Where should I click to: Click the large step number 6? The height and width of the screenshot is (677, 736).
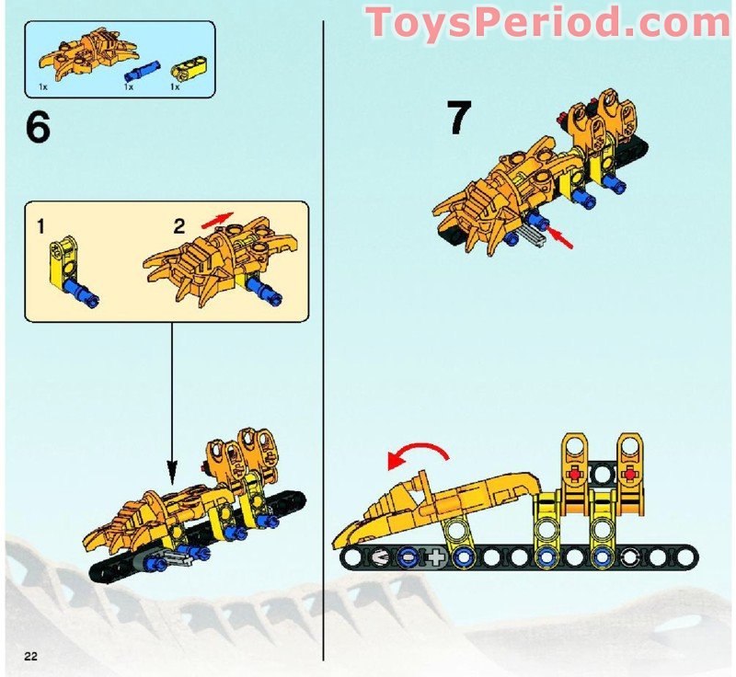(38, 128)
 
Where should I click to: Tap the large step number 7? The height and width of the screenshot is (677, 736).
(459, 120)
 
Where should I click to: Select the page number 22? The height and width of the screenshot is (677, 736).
(30, 654)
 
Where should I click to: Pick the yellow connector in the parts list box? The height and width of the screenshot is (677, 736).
(179, 66)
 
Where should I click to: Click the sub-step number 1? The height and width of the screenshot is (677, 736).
(40, 225)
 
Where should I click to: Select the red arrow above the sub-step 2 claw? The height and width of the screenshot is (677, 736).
(218, 219)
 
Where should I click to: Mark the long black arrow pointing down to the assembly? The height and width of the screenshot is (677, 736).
(172, 396)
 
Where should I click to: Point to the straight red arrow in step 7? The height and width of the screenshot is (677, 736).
(563, 241)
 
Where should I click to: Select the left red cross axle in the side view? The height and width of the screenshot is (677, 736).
(576, 475)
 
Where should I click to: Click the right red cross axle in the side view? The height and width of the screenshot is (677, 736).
(630, 475)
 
